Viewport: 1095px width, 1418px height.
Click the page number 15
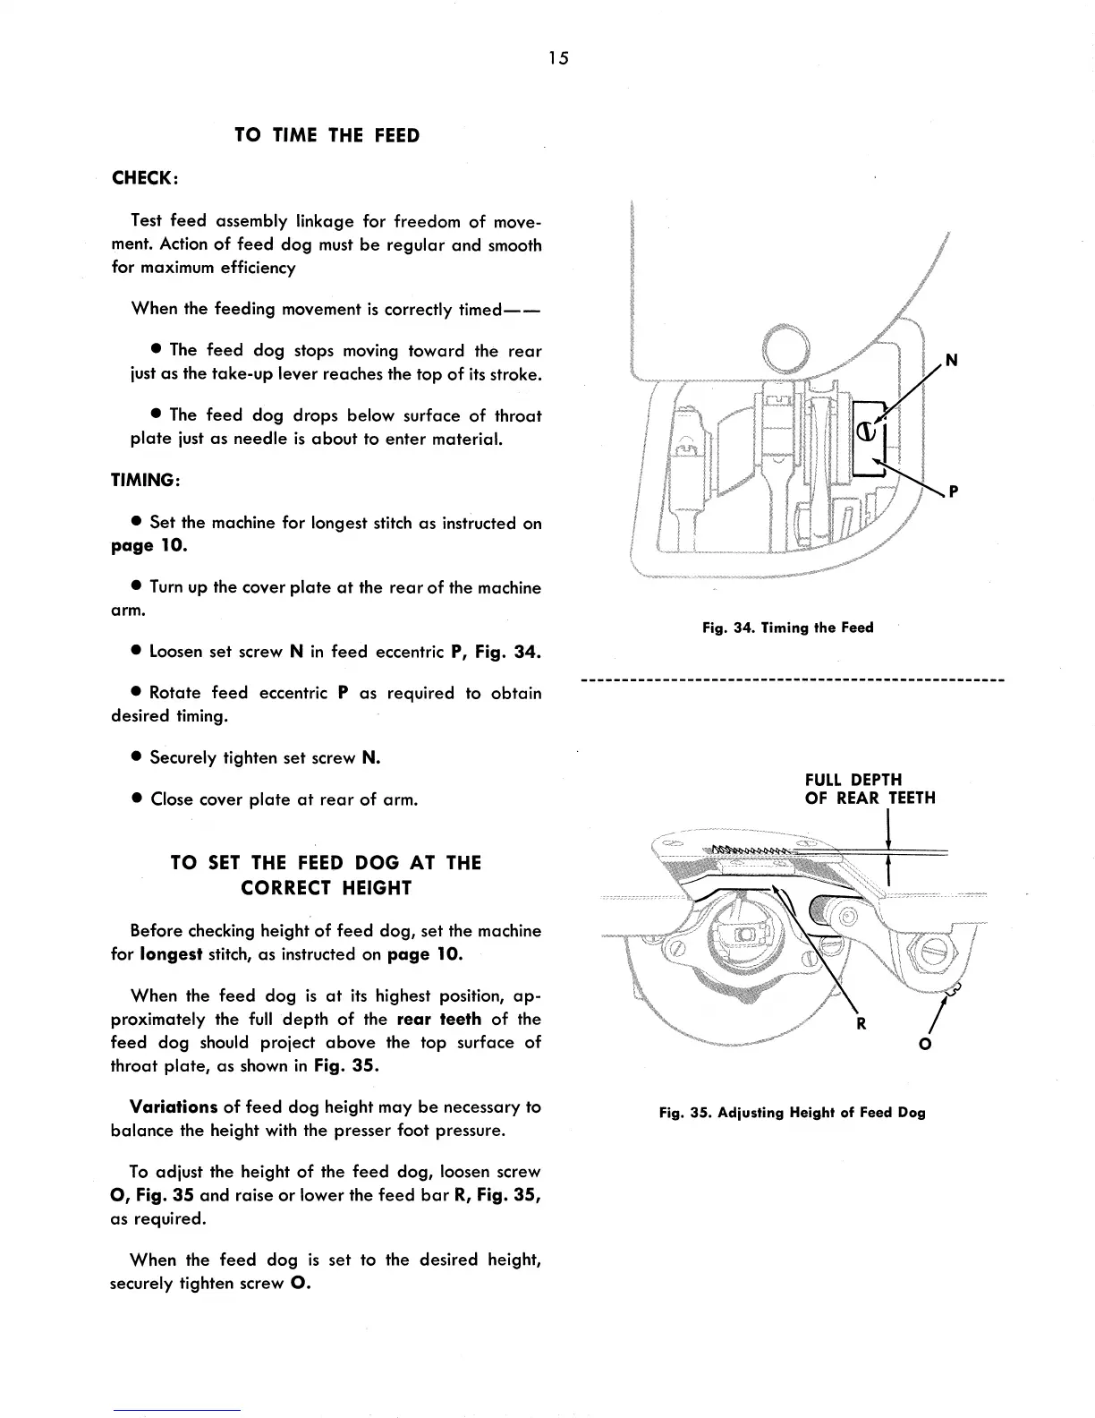tap(559, 59)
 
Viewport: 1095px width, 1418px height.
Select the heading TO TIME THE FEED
tap(327, 136)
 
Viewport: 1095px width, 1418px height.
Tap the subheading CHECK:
tap(145, 178)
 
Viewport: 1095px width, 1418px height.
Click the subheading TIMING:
tap(146, 480)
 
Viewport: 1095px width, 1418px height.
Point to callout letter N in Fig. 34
tap(951, 360)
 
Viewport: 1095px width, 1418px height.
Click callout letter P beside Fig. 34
tap(954, 491)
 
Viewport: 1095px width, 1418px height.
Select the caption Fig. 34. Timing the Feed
tap(787, 628)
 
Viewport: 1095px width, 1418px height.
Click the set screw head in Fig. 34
tap(866, 431)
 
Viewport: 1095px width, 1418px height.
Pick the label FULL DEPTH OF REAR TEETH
tap(870, 789)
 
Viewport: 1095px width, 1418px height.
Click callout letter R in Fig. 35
tap(861, 1024)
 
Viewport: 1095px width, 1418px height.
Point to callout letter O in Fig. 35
tap(926, 1044)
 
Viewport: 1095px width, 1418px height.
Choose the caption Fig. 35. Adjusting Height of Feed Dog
tap(792, 1113)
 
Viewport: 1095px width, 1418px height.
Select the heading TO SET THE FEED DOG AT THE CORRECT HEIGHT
tap(326, 876)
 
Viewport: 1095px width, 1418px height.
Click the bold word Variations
tap(174, 1107)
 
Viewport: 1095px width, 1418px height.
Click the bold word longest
tap(171, 954)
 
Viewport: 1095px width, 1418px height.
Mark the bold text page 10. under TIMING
tap(149, 545)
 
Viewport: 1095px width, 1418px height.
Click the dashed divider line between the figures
tap(793, 681)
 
